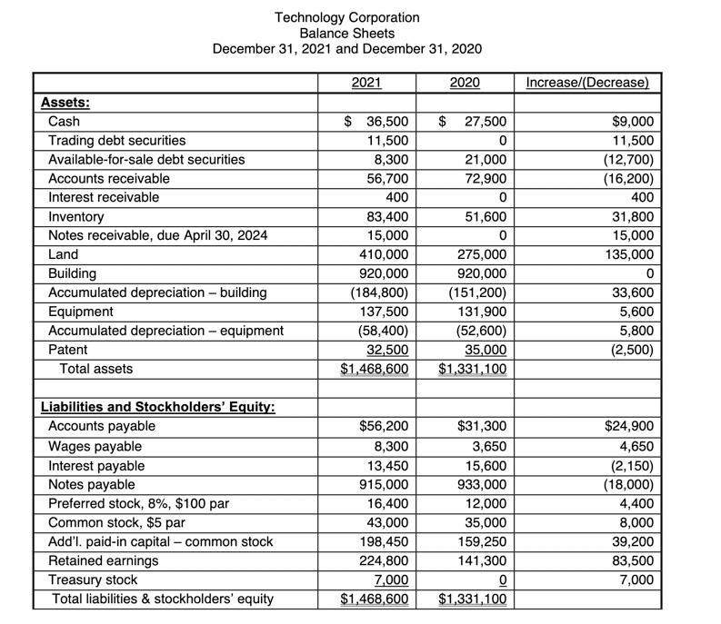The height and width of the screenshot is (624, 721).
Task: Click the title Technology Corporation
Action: click(346, 17)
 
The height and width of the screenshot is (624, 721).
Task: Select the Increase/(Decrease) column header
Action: click(587, 83)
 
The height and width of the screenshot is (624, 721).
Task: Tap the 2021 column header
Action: click(366, 83)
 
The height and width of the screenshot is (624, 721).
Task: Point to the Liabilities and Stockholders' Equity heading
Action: click(157, 407)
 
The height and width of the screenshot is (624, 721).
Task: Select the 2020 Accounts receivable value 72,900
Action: click(486, 179)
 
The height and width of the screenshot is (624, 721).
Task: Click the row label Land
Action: click(63, 254)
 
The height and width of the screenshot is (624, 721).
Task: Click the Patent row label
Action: click(67, 350)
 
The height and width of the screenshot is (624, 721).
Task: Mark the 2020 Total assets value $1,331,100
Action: click(473, 369)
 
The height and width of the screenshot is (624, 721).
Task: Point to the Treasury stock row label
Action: click(93, 579)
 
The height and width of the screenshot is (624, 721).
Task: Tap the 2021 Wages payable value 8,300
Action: click(392, 446)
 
